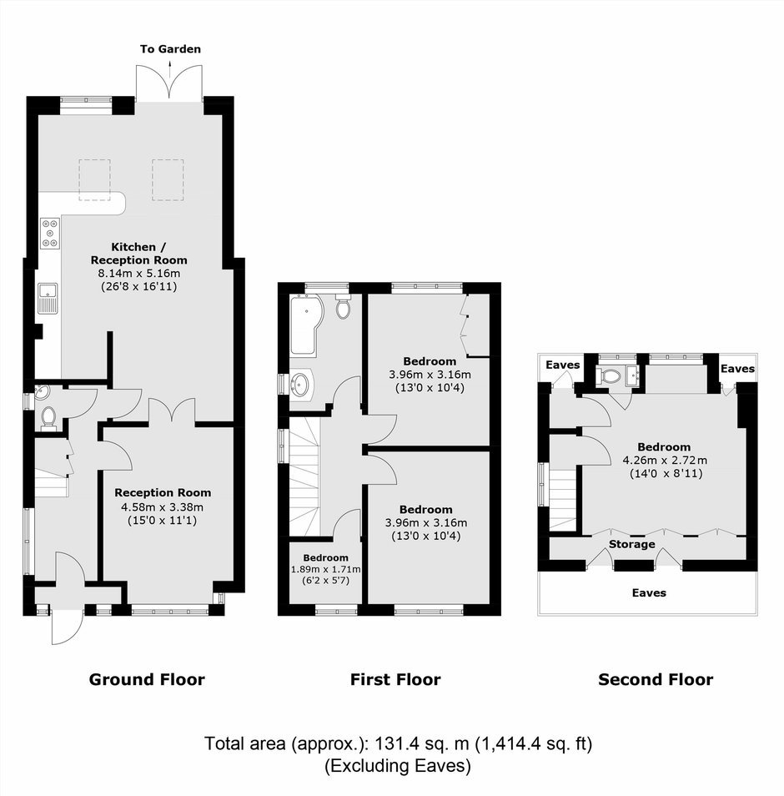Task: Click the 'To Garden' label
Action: coord(170,49)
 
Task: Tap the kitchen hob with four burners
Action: coord(50,234)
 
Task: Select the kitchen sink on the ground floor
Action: coord(48,299)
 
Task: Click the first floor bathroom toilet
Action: coord(344,306)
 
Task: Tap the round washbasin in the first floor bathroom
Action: coord(299,385)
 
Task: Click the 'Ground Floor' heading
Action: coord(147,680)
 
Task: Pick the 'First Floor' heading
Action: coord(395,680)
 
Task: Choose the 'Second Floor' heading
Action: coord(656,680)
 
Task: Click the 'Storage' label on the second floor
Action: coord(631,545)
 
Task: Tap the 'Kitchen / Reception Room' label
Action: coord(138,254)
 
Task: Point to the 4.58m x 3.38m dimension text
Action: coord(163,507)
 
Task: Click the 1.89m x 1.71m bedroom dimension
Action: coord(325,570)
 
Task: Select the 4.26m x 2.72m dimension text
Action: coord(665,461)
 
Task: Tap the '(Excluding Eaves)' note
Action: coord(398,766)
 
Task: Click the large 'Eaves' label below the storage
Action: coord(649,593)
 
